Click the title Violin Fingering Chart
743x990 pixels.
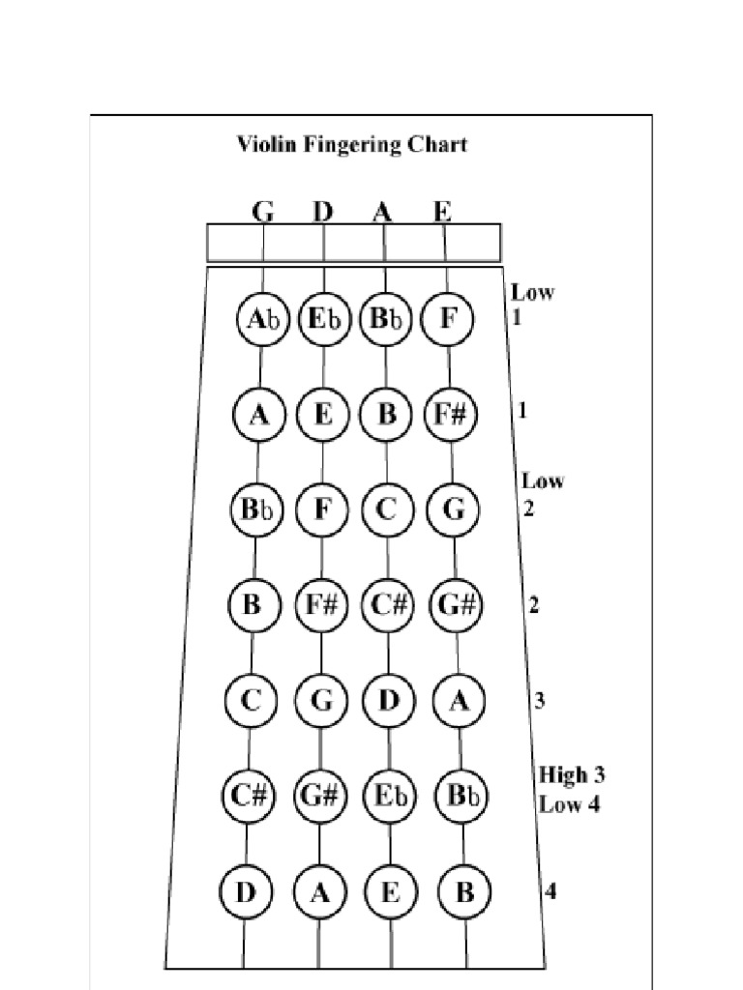352,145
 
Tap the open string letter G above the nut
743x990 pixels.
263,212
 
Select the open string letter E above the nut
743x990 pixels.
442,212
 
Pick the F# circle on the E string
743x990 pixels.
450,415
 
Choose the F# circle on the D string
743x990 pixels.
321,606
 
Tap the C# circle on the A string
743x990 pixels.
388,606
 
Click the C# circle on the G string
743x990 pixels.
249,796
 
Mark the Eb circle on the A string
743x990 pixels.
390,796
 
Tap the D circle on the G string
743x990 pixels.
246,891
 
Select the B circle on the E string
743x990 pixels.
464,891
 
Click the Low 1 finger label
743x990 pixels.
532,304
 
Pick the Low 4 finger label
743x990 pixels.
569,803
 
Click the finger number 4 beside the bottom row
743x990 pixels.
550,891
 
